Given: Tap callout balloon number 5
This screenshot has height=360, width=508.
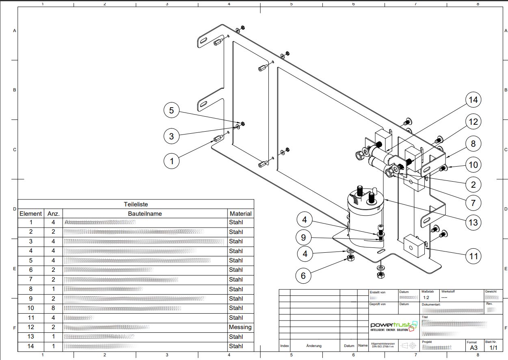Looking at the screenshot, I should [171, 110].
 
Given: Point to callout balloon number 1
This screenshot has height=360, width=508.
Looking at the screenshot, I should [171, 161].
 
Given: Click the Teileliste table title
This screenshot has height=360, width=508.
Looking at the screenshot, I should [136, 204].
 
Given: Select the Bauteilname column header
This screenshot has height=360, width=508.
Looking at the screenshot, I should [145, 213].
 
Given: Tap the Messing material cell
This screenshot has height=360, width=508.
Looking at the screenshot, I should [240, 327].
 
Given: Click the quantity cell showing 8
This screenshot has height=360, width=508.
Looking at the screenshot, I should [53, 308].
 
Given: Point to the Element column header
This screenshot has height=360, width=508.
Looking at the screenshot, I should [31, 213].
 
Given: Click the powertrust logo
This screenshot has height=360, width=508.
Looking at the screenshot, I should [393, 326].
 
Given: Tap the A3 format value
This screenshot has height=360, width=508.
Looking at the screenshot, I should [473, 348].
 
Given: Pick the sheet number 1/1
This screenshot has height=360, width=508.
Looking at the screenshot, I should [494, 348].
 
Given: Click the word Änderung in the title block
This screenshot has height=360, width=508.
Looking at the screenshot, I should [314, 346].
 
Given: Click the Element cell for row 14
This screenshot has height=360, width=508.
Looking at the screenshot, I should [31, 346].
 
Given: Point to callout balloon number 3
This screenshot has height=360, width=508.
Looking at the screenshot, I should [171, 136].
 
